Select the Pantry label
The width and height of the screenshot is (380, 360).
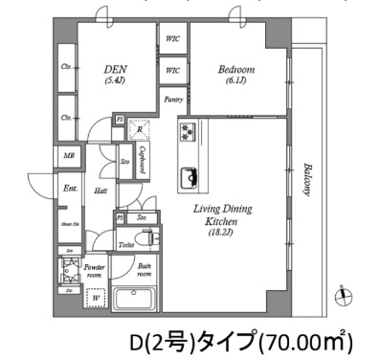tap(173, 100)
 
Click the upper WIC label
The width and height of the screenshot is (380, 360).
tap(173, 39)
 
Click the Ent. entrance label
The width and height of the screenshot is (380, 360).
tap(69, 189)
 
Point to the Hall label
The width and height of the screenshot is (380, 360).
tap(100, 191)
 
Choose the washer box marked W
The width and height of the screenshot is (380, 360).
tap(97, 297)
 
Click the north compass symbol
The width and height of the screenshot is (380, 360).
tap(343, 295)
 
